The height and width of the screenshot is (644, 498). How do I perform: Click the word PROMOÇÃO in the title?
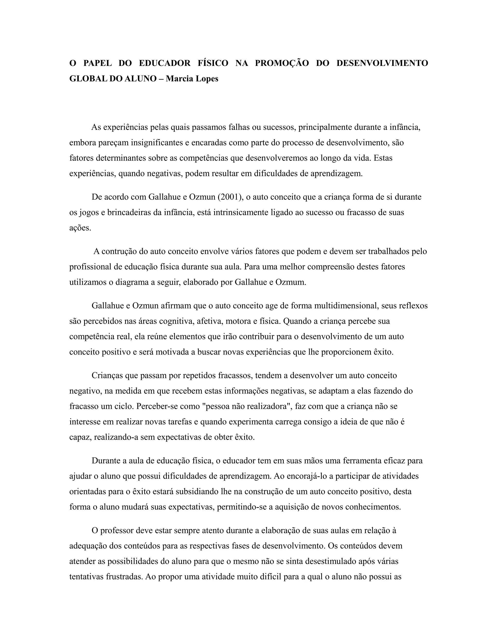pos(282,63)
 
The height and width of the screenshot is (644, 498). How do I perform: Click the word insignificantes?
pos(157,143)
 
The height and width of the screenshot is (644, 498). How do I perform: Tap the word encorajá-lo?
pos(310,476)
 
